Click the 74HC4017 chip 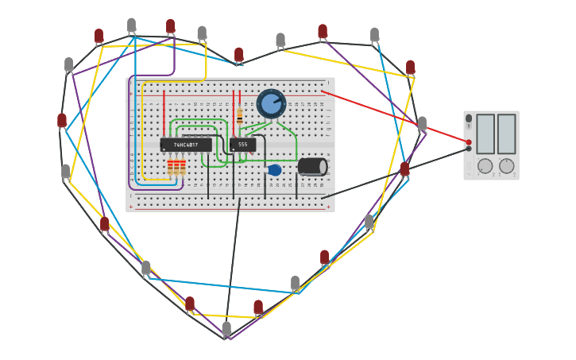[x=186, y=145]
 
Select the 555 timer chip [x=242, y=144]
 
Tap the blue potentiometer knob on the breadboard [x=271, y=103]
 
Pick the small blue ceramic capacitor [x=274, y=170]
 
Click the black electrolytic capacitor [x=312, y=166]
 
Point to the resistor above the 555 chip [x=239, y=116]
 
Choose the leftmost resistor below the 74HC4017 [x=170, y=166]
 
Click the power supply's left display [x=485, y=134]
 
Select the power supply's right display [x=506, y=134]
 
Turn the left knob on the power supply [x=485, y=166]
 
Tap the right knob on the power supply [x=506, y=166]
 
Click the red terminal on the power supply [x=469, y=142]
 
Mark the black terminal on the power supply [x=469, y=149]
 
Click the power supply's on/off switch [x=469, y=118]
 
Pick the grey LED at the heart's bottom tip [x=226, y=327]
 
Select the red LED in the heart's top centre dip [x=238, y=54]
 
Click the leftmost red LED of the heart [x=62, y=120]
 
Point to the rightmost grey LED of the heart [x=422, y=123]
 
